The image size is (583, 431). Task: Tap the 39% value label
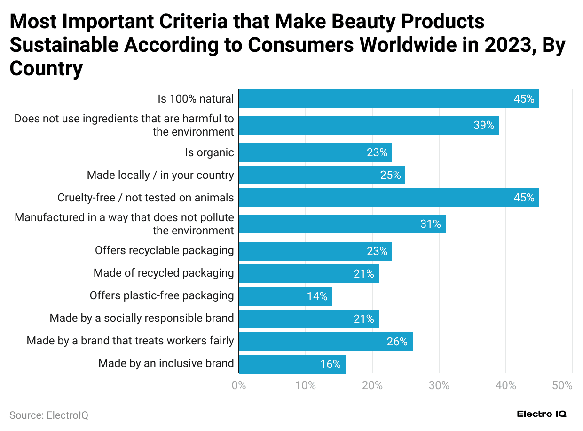click(484, 125)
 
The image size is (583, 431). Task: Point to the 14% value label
click(317, 296)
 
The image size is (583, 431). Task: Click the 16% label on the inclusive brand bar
click(331, 364)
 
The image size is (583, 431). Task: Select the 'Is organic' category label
click(209, 152)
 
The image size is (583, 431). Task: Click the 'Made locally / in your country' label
click(160, 175)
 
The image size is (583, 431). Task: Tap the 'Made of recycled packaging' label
click(164, 273)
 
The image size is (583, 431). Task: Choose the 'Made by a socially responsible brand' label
click(142, 318)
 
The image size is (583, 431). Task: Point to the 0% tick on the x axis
click(239, 386)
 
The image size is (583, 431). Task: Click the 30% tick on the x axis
click(439, 386)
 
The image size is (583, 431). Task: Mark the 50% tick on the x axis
click(562, 386)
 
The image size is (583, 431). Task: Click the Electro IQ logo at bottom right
click(542, 414)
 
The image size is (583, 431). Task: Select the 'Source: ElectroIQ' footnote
click(49, 415)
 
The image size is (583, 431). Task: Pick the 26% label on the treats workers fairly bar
click(397, 342)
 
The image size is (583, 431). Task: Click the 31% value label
click(431, 224)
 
